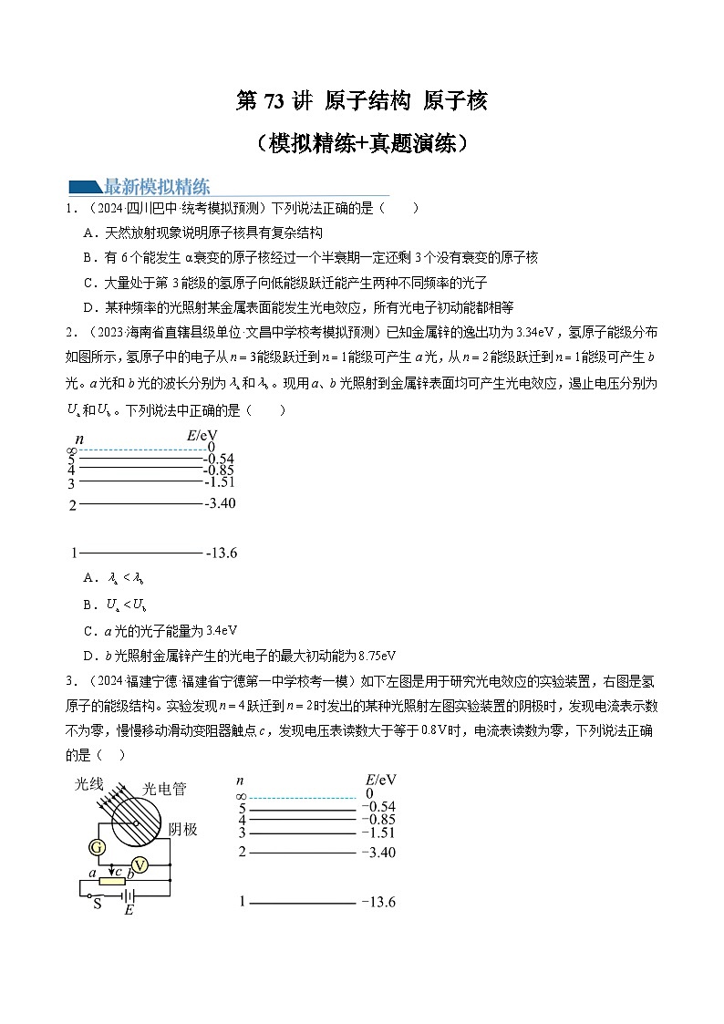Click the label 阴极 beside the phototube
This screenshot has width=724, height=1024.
click(183, 829)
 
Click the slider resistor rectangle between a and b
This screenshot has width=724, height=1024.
click(111, 881)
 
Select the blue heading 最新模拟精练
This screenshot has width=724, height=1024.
click(157, 187)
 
